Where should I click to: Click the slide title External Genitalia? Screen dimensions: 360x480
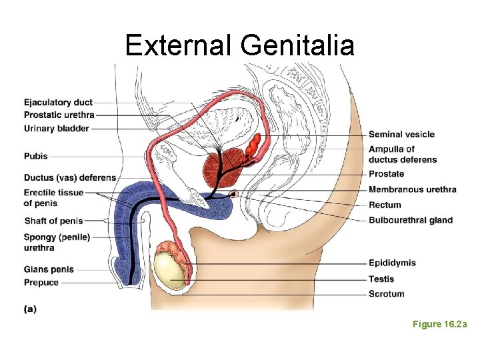239,45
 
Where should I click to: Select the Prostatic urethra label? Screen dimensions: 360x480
59,115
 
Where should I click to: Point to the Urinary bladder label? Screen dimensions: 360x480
56,129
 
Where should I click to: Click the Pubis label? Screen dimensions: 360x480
36,157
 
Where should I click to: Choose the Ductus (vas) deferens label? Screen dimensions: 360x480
69,178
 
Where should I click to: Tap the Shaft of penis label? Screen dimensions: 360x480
53,221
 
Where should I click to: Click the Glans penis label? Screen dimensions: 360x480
49,269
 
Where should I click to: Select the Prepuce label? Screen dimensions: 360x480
41,283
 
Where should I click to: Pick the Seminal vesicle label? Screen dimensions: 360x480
401,135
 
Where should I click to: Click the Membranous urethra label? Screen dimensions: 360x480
412,189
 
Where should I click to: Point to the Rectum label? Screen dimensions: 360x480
385,205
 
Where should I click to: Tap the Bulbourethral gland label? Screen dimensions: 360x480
410,220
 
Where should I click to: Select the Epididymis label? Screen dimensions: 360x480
392,263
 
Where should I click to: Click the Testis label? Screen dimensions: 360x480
381,279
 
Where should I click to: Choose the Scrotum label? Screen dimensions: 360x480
386,294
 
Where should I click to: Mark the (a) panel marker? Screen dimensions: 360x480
30,309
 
